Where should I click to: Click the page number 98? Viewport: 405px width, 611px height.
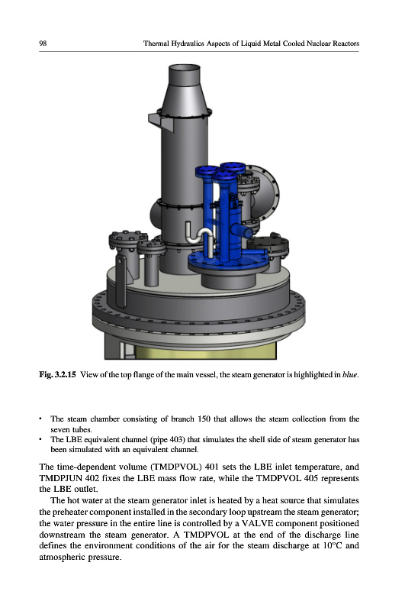(43, 44)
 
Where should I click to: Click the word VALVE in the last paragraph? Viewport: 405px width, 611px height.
(257, 523)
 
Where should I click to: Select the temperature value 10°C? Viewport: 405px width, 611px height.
(333, 545)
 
